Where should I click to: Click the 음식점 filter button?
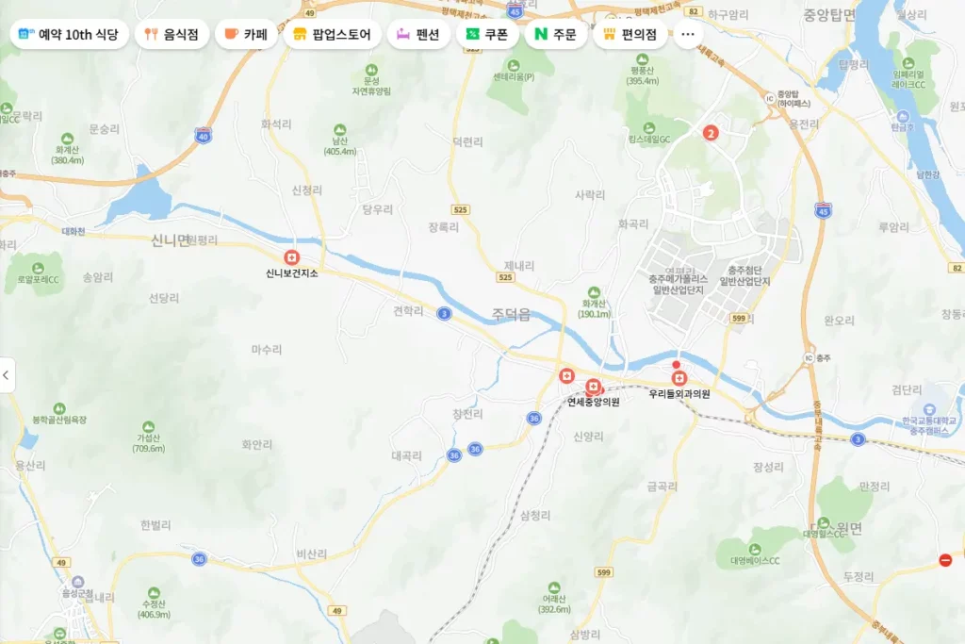point(172,35)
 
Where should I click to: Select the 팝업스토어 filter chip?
point(333,35)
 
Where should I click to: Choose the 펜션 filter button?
point(418,35)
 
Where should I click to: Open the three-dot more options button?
point(687,35)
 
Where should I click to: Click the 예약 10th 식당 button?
point(69,35)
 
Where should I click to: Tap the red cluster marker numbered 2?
point(711,133)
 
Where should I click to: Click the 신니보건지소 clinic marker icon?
point(292,257)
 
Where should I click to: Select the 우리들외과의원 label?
point(679,394)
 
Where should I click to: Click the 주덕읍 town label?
point(511,315)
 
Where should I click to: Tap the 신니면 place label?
point(171,240)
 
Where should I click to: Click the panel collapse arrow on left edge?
point(7,375)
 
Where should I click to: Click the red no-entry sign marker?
point(945,560)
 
